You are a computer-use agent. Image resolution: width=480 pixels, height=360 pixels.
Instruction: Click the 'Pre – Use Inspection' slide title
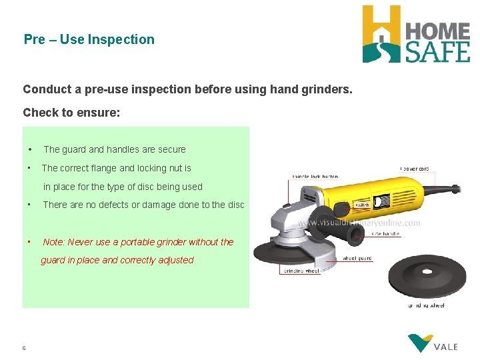pyautogui.click(x=89, y=39)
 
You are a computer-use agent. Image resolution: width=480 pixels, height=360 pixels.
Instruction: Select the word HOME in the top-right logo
pyautogui.click(x=437, y=29)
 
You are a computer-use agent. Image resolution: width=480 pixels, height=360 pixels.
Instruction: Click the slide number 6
pyautogui.click(x=24, y=348)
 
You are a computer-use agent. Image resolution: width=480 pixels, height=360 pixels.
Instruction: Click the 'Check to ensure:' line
pyautogui.click(x=71, y=112)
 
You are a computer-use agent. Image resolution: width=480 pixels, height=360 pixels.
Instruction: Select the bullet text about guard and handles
pyautogui.click(x=114, y=149)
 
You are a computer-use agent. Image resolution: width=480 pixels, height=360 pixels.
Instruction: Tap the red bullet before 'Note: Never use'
pyautogui.click(x=29, y=242)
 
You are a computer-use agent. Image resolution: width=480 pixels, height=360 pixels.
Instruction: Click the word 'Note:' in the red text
pyautogui.click(x=54, y=242)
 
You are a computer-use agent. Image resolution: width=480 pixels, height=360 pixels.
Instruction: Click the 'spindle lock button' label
pyautogui.click(x=315, y=177)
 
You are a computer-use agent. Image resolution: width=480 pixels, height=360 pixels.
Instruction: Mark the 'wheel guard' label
pyautogui.click(x=357, y=258)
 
